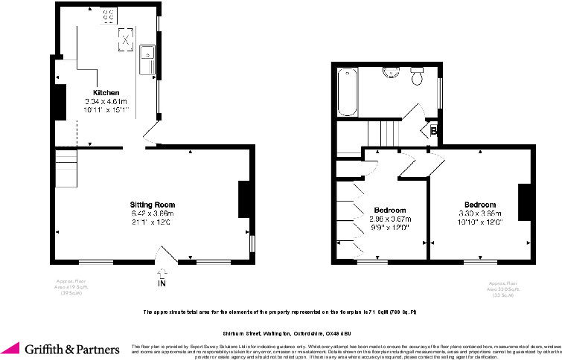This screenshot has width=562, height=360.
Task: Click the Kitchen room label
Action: (105, 92)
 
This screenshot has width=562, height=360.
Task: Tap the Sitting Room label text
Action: (152, 204)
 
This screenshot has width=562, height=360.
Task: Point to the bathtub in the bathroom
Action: (347, 92)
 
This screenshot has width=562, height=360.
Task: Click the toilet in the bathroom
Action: (418, 75)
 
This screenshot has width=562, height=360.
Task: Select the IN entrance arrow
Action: (162, 273)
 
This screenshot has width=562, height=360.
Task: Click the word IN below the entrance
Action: (162, 284)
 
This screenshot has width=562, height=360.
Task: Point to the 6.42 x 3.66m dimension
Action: (152, 213)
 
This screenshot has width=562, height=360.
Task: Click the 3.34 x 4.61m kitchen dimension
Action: (105, 101)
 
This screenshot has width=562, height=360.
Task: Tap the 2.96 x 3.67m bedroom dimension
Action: (390, 219)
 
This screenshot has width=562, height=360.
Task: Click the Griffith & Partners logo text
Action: (71, 348)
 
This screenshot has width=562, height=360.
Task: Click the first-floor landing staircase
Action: (384, 134)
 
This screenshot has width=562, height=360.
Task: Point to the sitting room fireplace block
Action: (243, 199)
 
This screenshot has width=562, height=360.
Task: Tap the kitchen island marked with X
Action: (126, 39)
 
